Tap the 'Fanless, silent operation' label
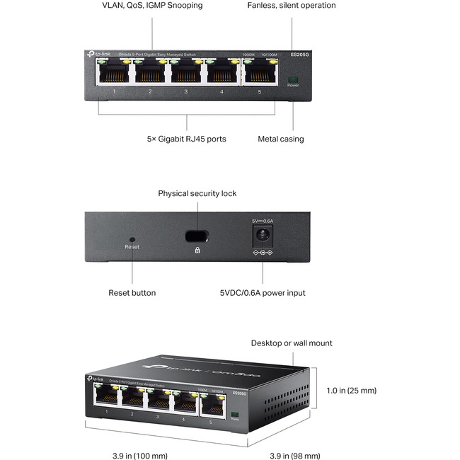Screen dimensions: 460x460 (x=292, y=6)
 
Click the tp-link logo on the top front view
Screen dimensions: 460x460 (x=95, y=54)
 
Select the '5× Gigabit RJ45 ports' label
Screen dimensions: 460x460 (x=187, y=139)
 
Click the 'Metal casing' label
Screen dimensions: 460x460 (x=281, y=139)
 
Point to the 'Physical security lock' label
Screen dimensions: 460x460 (x=197, y=193)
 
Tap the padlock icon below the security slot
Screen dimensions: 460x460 (x=197, y=250)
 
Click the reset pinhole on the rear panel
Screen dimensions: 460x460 (x=132, y=239)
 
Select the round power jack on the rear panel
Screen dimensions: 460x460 (x=263, y=234)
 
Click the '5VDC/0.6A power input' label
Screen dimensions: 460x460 (x=263, y=292)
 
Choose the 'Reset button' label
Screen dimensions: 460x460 (x=132, y=292)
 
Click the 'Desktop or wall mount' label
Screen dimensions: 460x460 (x=292, y=343)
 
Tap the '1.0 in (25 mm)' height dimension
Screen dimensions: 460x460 (x=351, y=390)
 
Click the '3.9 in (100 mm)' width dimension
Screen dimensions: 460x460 (x=140, y=455)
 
